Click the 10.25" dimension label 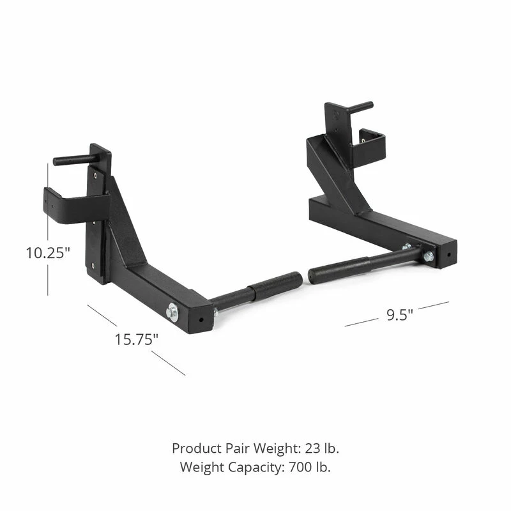(47, 252)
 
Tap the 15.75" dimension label (136, 339)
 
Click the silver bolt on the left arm (172, 312)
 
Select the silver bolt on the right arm (427, 256)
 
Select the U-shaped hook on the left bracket (70, 204)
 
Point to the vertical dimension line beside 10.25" (48, 192)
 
